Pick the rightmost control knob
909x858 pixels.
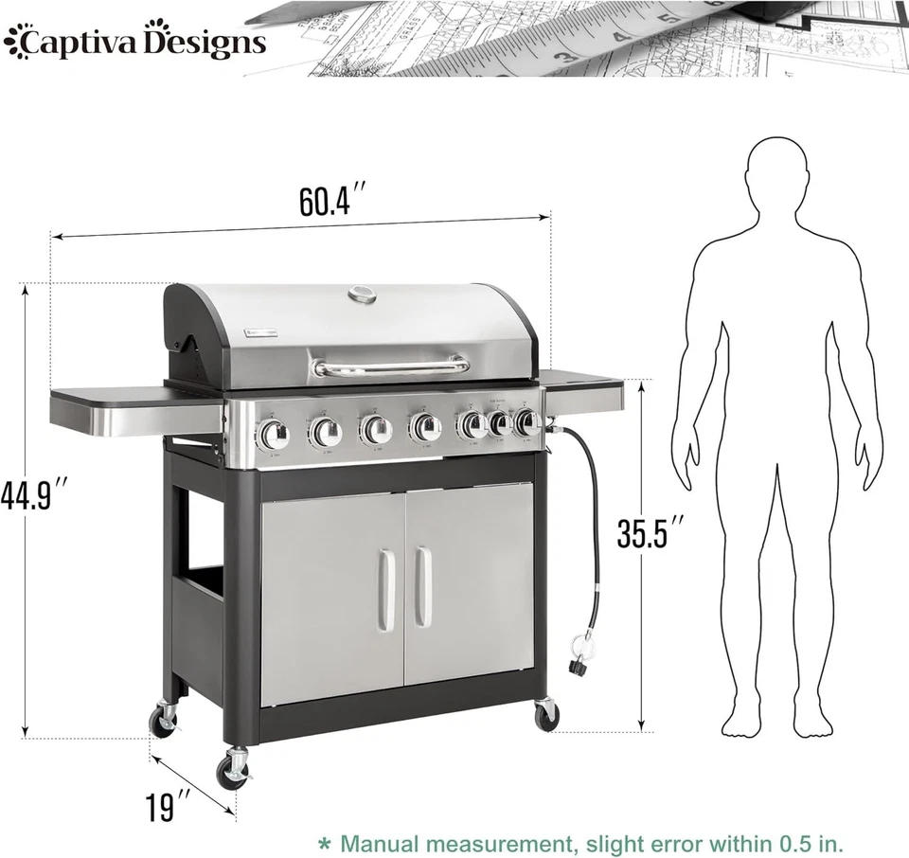pyautogui.click(x=525, y=422)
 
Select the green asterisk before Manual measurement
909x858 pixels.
pyautogui.click(x=325, y=842)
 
